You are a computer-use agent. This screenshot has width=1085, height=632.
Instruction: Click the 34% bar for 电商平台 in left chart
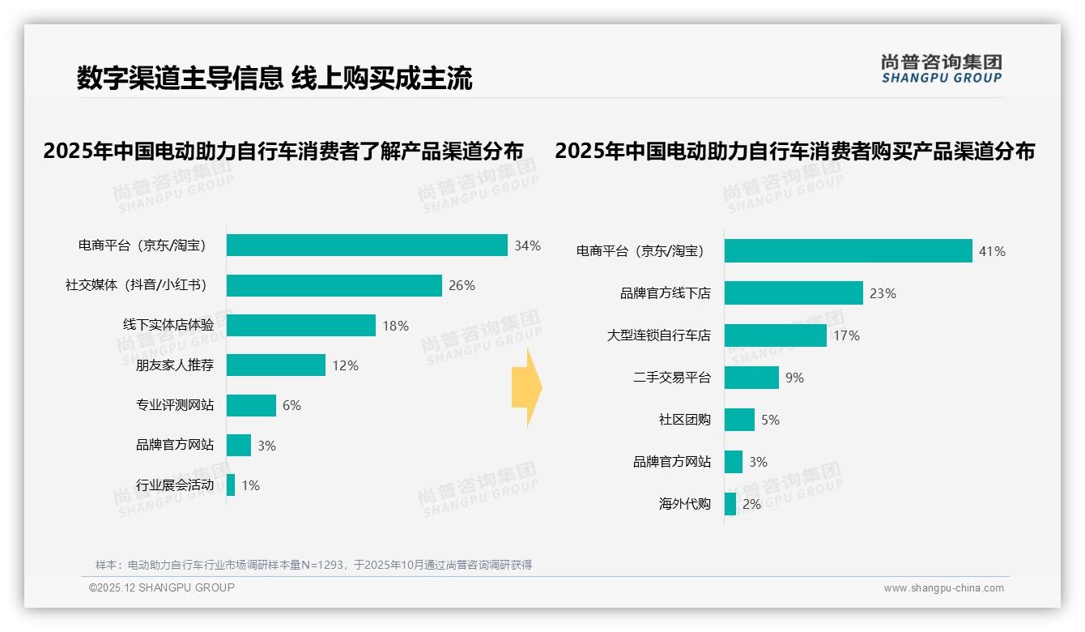coord(367,246)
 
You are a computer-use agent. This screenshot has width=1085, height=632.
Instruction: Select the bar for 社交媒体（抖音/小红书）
coord(334,285)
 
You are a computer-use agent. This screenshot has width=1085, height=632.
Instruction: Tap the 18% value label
coord(396,326)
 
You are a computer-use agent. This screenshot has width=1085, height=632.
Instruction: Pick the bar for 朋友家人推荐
coord(275,365)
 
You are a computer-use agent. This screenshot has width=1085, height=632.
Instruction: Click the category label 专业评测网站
coord(175,405)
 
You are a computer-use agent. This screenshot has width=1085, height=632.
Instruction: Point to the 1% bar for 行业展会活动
coord(231,485)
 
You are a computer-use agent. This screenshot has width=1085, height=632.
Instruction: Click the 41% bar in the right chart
coord(848,251)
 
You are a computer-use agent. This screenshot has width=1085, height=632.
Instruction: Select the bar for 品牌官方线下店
coord(794,293)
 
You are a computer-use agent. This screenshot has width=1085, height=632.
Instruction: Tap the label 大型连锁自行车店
coord(659,335)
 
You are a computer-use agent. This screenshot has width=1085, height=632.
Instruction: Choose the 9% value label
coord(794,378)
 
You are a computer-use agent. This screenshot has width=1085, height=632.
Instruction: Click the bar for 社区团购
coord(739,420)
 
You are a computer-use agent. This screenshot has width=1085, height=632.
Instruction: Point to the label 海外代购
coord(685,504)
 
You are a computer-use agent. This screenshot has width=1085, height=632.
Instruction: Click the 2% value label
coord(751,504)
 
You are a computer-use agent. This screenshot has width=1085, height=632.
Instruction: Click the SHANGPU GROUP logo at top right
coord(942,69)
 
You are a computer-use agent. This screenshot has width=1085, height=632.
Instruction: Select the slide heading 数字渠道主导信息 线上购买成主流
coord(274,78)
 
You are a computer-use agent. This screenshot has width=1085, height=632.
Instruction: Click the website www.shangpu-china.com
coord(943,588)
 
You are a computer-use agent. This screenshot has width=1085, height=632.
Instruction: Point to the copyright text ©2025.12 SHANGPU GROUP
coord(162,587)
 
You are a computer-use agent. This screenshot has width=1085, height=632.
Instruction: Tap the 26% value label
coord(462,285)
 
